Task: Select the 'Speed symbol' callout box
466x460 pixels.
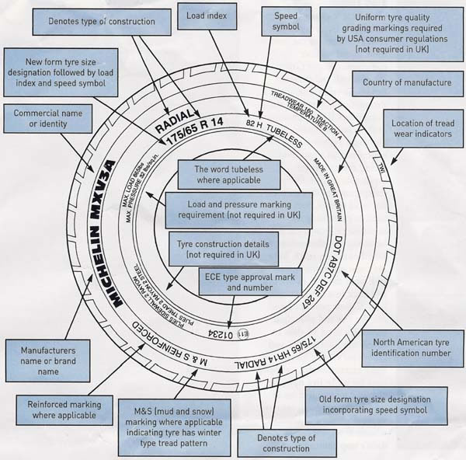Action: click(x=283, y=23)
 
